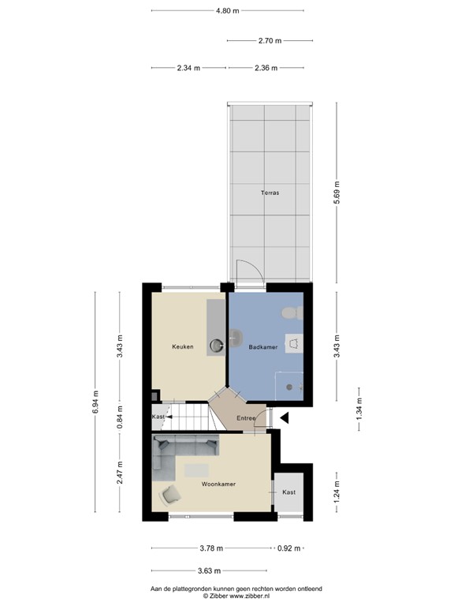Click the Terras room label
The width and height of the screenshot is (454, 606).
click(270, 193)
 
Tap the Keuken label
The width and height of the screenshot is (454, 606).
click(183, 346)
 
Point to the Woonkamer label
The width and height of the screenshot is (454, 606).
click(218, 484)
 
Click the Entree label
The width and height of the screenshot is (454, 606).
click(245, 419)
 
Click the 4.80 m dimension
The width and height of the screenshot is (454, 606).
click(227, 11)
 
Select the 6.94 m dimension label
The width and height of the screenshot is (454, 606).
click(96, 402)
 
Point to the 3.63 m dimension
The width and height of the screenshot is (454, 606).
click(209, 570)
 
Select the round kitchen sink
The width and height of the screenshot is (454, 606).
click(216, 345)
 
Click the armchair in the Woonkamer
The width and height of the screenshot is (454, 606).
click(170, 496)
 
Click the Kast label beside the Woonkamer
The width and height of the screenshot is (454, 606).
click(289, 492)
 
